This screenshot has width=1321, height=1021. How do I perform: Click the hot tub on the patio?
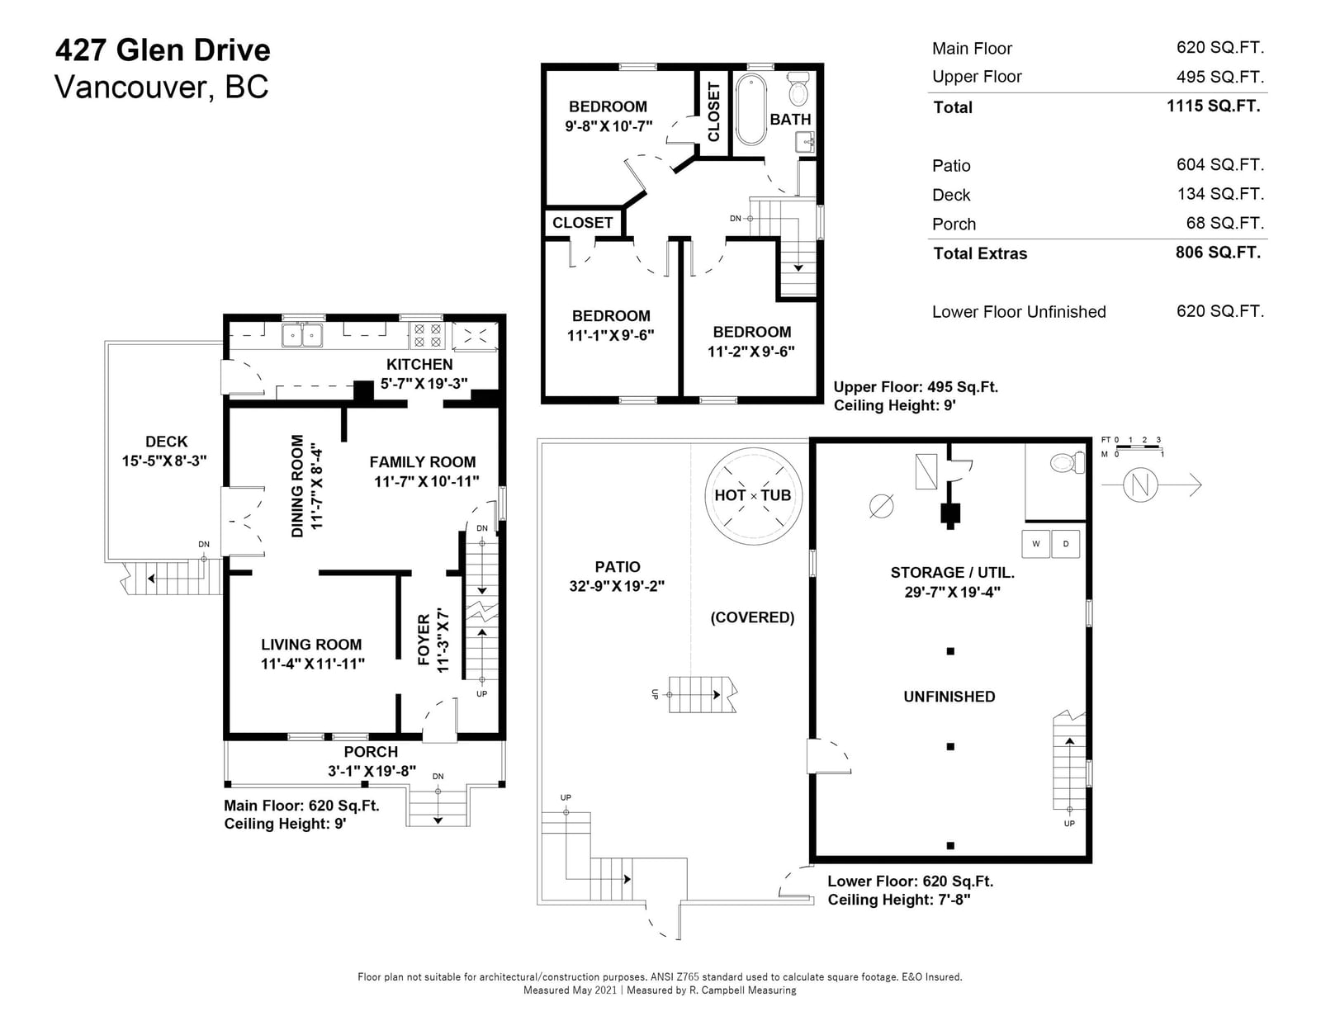753,495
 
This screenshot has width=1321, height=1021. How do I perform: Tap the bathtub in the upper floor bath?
751,110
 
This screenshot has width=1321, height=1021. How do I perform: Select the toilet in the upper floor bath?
798,89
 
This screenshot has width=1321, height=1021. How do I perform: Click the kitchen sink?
302,335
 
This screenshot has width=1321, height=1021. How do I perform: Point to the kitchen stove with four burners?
428,335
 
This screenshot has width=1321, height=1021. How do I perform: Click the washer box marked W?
1036,544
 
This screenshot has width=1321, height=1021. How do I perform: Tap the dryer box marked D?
1065,544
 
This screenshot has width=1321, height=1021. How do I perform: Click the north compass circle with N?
1140,485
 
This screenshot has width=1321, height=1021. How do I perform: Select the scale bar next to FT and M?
1139,447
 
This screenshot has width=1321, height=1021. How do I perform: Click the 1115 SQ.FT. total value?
1214,106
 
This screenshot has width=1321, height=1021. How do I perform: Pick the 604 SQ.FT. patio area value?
1220,165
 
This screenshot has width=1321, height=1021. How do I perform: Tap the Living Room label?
311,644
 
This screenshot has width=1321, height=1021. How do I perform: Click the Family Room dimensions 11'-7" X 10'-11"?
426,482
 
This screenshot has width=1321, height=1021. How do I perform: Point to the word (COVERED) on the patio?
753,617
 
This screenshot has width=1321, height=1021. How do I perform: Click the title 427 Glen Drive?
163,50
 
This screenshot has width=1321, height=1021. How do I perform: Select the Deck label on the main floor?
167,442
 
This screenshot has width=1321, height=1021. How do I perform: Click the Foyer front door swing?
439,721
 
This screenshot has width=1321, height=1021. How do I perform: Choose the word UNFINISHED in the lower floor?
949,697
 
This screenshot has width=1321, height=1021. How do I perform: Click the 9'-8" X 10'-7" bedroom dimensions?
608,126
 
